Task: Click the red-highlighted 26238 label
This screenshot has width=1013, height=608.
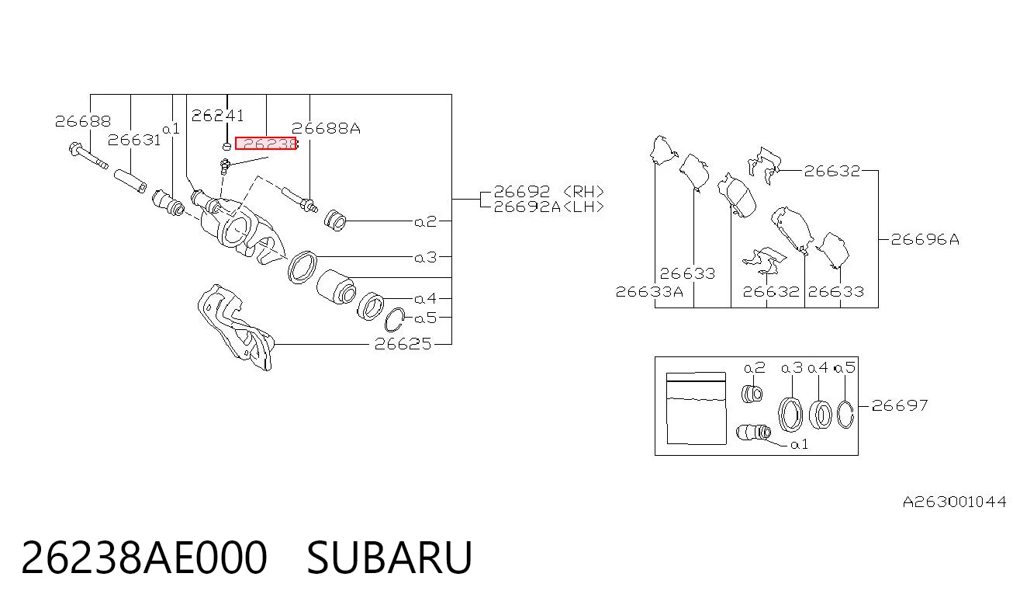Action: click(265, 143)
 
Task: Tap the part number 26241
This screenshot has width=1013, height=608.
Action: click(217, 116)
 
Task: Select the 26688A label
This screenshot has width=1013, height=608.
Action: click(326, 129)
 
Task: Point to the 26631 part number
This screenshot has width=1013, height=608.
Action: click(134, 140)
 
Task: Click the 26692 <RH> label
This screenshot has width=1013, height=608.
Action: click(548, 191)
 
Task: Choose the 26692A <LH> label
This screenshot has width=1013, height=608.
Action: click(548, 207)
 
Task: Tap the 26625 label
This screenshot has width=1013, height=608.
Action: click(403, 344)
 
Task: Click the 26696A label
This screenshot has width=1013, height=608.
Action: click(925, 239)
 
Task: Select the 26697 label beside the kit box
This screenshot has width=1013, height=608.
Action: click(900, 405)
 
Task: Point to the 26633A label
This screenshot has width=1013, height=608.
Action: click(649, 291)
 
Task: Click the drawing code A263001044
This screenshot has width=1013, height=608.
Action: click(954, 502)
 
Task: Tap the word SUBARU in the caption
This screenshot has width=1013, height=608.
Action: click(389, 558)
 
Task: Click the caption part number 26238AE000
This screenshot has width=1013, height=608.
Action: click(144, 558)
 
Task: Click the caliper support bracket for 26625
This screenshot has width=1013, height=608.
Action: click(236, 327)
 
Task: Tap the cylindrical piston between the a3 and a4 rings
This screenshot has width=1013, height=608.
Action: click(336, 287)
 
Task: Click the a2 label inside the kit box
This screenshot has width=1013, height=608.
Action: click(755, 367)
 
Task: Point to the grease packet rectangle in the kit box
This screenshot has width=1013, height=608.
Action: click(697, 408)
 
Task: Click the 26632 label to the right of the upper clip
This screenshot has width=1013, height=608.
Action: click(831, 171)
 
